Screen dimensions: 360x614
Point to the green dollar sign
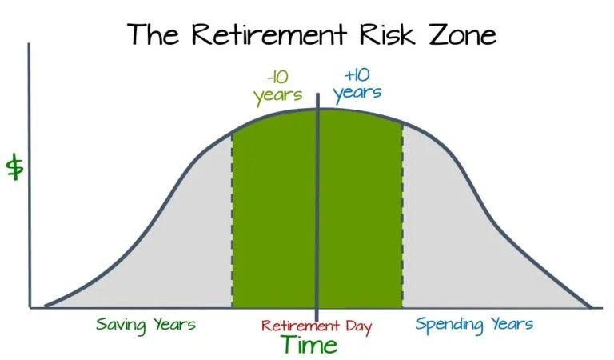pos(14,168)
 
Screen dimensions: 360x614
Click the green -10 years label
pos(277,88)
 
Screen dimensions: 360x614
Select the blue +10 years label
pos(357,85)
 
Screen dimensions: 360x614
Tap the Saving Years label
pos(146,325)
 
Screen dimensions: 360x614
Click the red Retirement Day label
pos(317,326)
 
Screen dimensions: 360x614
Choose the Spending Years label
pos(473,325)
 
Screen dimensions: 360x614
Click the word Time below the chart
pos(309,346)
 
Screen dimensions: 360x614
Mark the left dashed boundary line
pos(232,224)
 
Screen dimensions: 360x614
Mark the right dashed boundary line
pos(402,224)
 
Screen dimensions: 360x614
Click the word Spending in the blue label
pos(449,326)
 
